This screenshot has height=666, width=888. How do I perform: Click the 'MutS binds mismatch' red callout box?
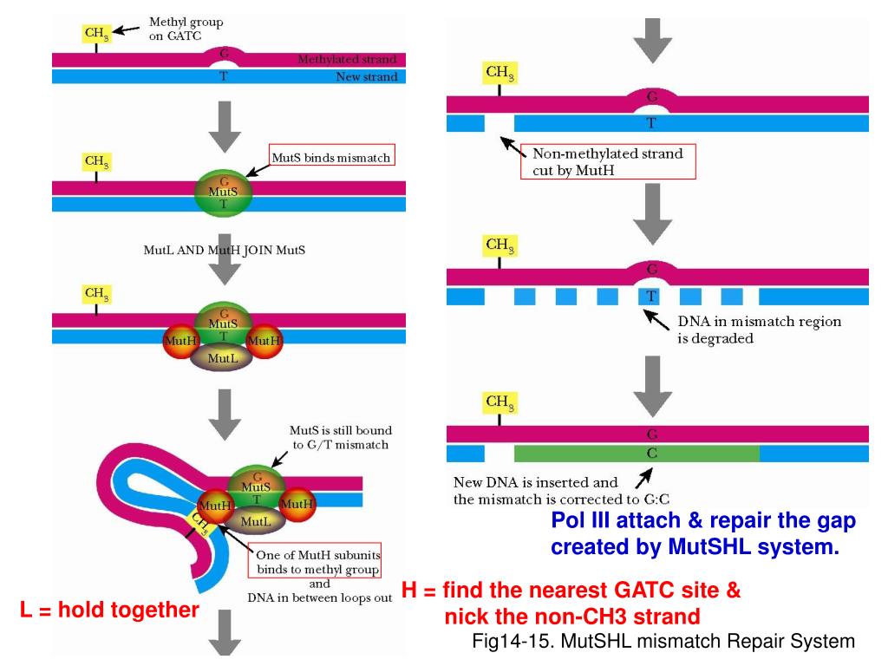pos(332,158)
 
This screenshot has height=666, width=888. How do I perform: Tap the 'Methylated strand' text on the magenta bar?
pos(347,60)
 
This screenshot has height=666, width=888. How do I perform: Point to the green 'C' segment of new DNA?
pos(637,453)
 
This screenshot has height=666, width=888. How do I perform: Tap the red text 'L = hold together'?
pos(109,610)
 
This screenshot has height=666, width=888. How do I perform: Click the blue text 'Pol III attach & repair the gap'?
pos(703,521)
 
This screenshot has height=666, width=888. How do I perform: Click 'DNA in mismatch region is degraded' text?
pos(758,330)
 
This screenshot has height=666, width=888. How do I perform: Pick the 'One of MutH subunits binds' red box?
pos(318,562)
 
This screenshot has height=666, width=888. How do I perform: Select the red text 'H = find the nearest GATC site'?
pos(571,591)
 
